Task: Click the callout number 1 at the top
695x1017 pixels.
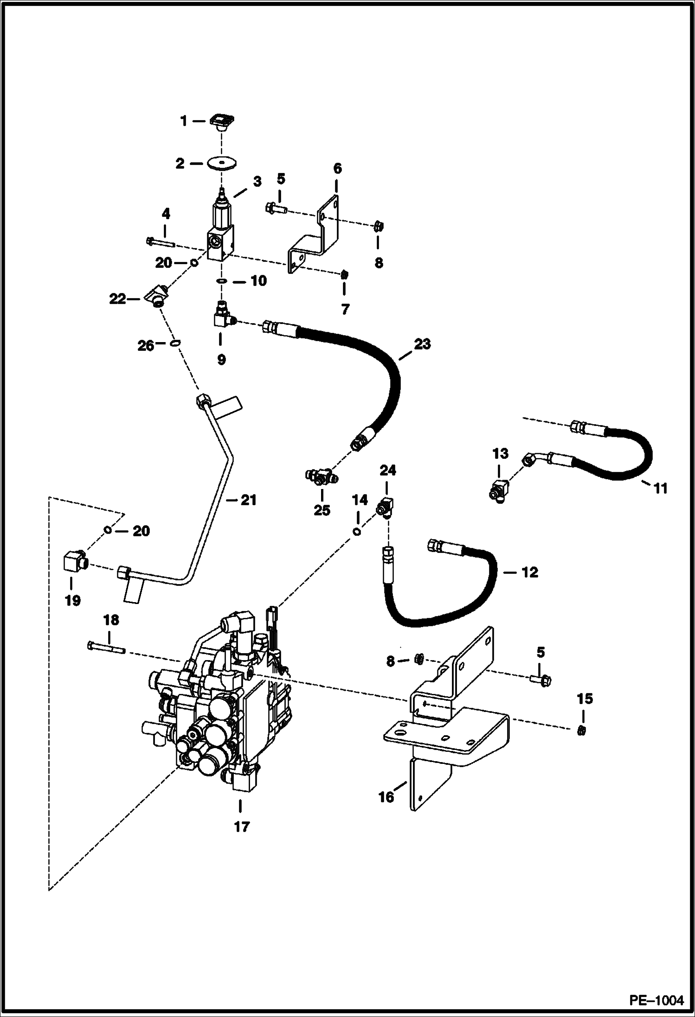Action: coord(183,121)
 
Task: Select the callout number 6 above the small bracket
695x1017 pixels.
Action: coord(337,169)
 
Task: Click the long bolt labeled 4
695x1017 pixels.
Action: coord(160,242)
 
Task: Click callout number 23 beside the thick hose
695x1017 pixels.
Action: coord(423,344)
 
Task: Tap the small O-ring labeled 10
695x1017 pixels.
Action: coord(222,281)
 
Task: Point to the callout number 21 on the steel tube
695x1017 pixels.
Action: coord(248,500)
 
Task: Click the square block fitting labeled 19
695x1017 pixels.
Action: coord(73,562)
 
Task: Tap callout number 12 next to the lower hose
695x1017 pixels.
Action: coord(529,572)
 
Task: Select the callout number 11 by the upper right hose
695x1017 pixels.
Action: coord(660,488)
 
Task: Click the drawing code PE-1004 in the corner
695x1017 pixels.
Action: coord(656,1000)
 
